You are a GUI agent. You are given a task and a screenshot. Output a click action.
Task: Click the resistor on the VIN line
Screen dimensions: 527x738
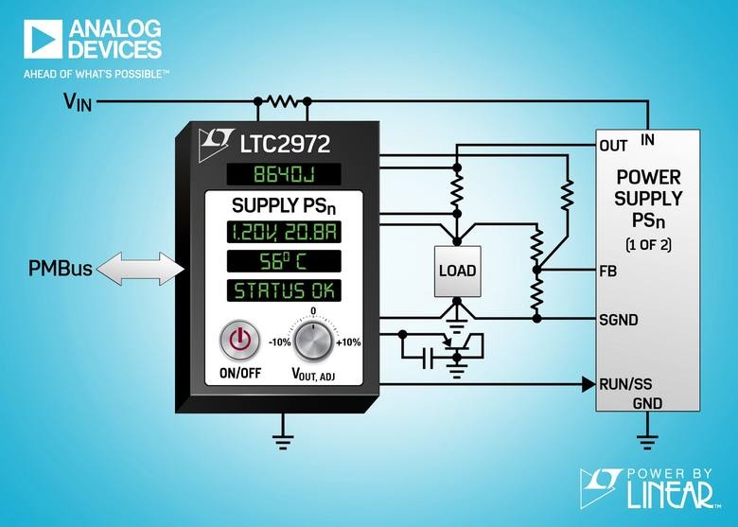coord(281,100)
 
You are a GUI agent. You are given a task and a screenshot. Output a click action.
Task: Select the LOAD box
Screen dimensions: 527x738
coord(457,271)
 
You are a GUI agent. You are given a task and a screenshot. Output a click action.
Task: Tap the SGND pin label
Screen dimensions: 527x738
coord(619,320)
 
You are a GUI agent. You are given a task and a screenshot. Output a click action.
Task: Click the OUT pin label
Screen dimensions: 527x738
coord(613,146)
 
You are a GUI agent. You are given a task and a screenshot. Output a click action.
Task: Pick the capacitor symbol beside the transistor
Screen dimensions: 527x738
coord(428,358)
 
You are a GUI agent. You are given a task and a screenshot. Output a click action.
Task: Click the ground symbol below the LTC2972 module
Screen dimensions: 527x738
coord(281,437)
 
